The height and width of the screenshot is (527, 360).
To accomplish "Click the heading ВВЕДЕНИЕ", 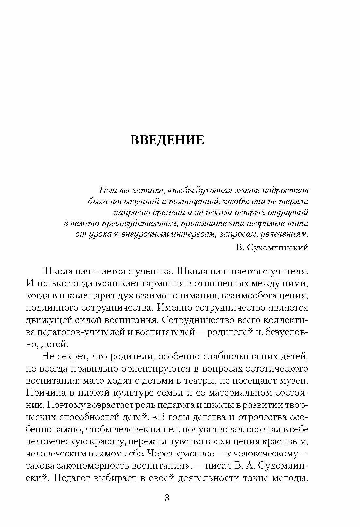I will pyautogui.click(x=167, y=139).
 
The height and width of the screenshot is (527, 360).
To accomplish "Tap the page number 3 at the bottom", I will pyautogui.click(x=167, y=498).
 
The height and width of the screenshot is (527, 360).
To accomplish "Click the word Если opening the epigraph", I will pyautogui.click(x=106, y=190).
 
